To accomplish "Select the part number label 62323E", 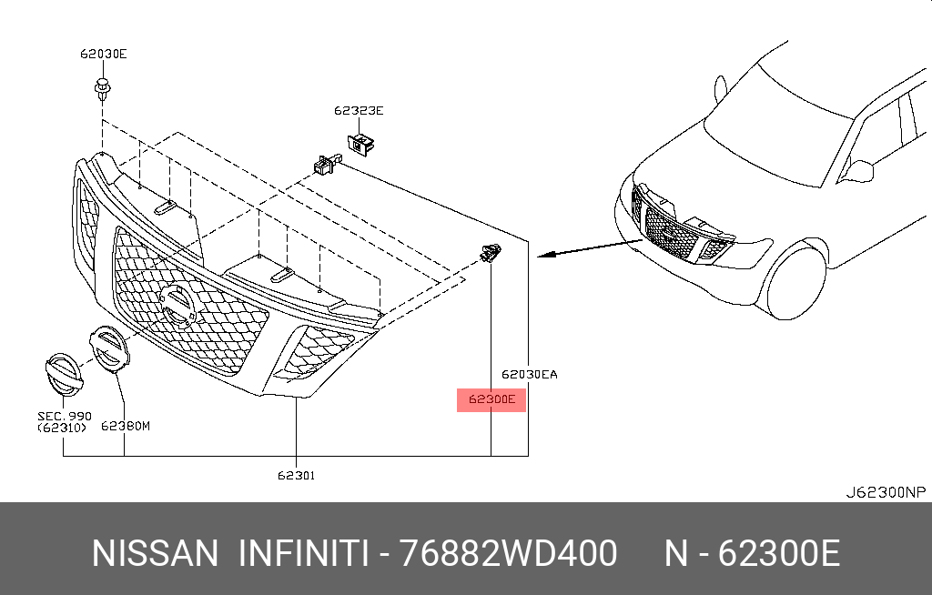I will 359,111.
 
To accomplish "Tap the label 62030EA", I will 529,374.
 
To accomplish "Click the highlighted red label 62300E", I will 491,398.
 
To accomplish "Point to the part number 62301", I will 298,474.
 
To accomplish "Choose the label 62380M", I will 125,425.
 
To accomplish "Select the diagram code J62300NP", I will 885,492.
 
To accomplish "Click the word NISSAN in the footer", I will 156,553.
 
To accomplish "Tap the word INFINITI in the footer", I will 302,553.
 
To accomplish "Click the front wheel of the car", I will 795,280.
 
